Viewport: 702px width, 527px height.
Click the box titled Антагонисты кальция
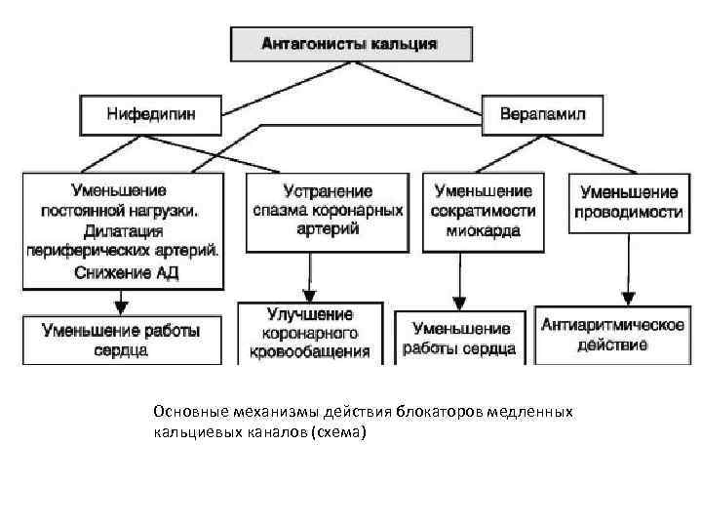tap(351, 44)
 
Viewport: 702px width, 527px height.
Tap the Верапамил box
tap(542, 114)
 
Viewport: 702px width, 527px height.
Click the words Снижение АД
tap(126, 272)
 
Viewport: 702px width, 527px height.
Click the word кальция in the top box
tap(403, 44)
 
